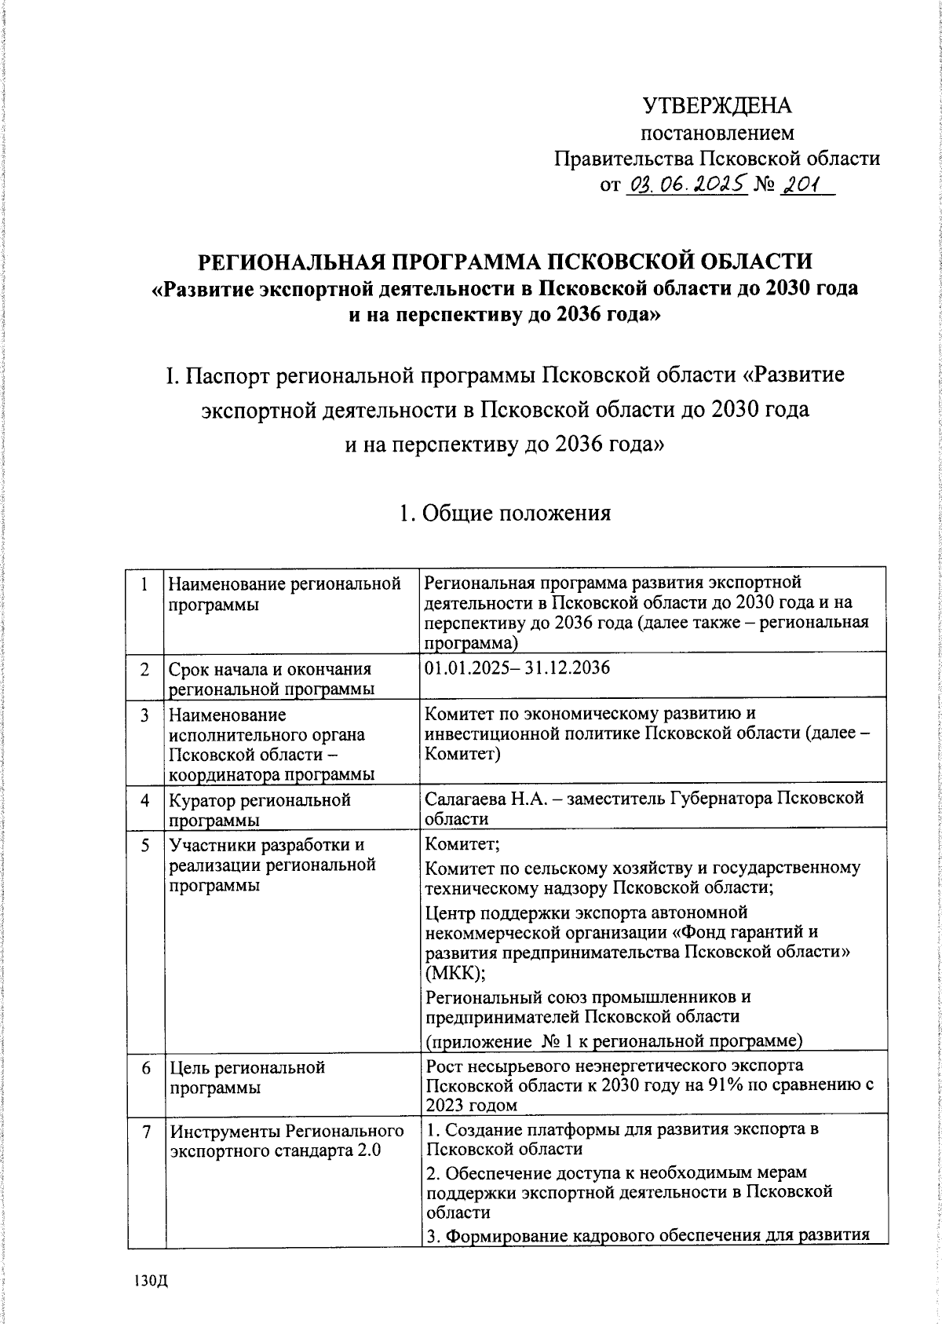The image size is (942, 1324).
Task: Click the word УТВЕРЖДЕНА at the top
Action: tap(717, 106)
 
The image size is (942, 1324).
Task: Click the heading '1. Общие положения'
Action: tap(504, 514)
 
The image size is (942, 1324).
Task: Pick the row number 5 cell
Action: tap(144, 846)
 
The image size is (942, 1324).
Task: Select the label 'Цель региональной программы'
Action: tap(247, 1077)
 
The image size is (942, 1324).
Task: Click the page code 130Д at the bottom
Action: tap(152, 1281)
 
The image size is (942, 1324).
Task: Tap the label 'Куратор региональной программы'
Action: tap(259, 810)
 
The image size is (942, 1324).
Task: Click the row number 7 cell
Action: tap(144, 1132)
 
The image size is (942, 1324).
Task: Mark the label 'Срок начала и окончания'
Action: tap(270, 669)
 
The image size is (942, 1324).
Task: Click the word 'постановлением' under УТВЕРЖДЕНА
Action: tap(717, 133)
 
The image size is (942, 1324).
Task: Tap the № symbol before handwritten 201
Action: tap(765, 187)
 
